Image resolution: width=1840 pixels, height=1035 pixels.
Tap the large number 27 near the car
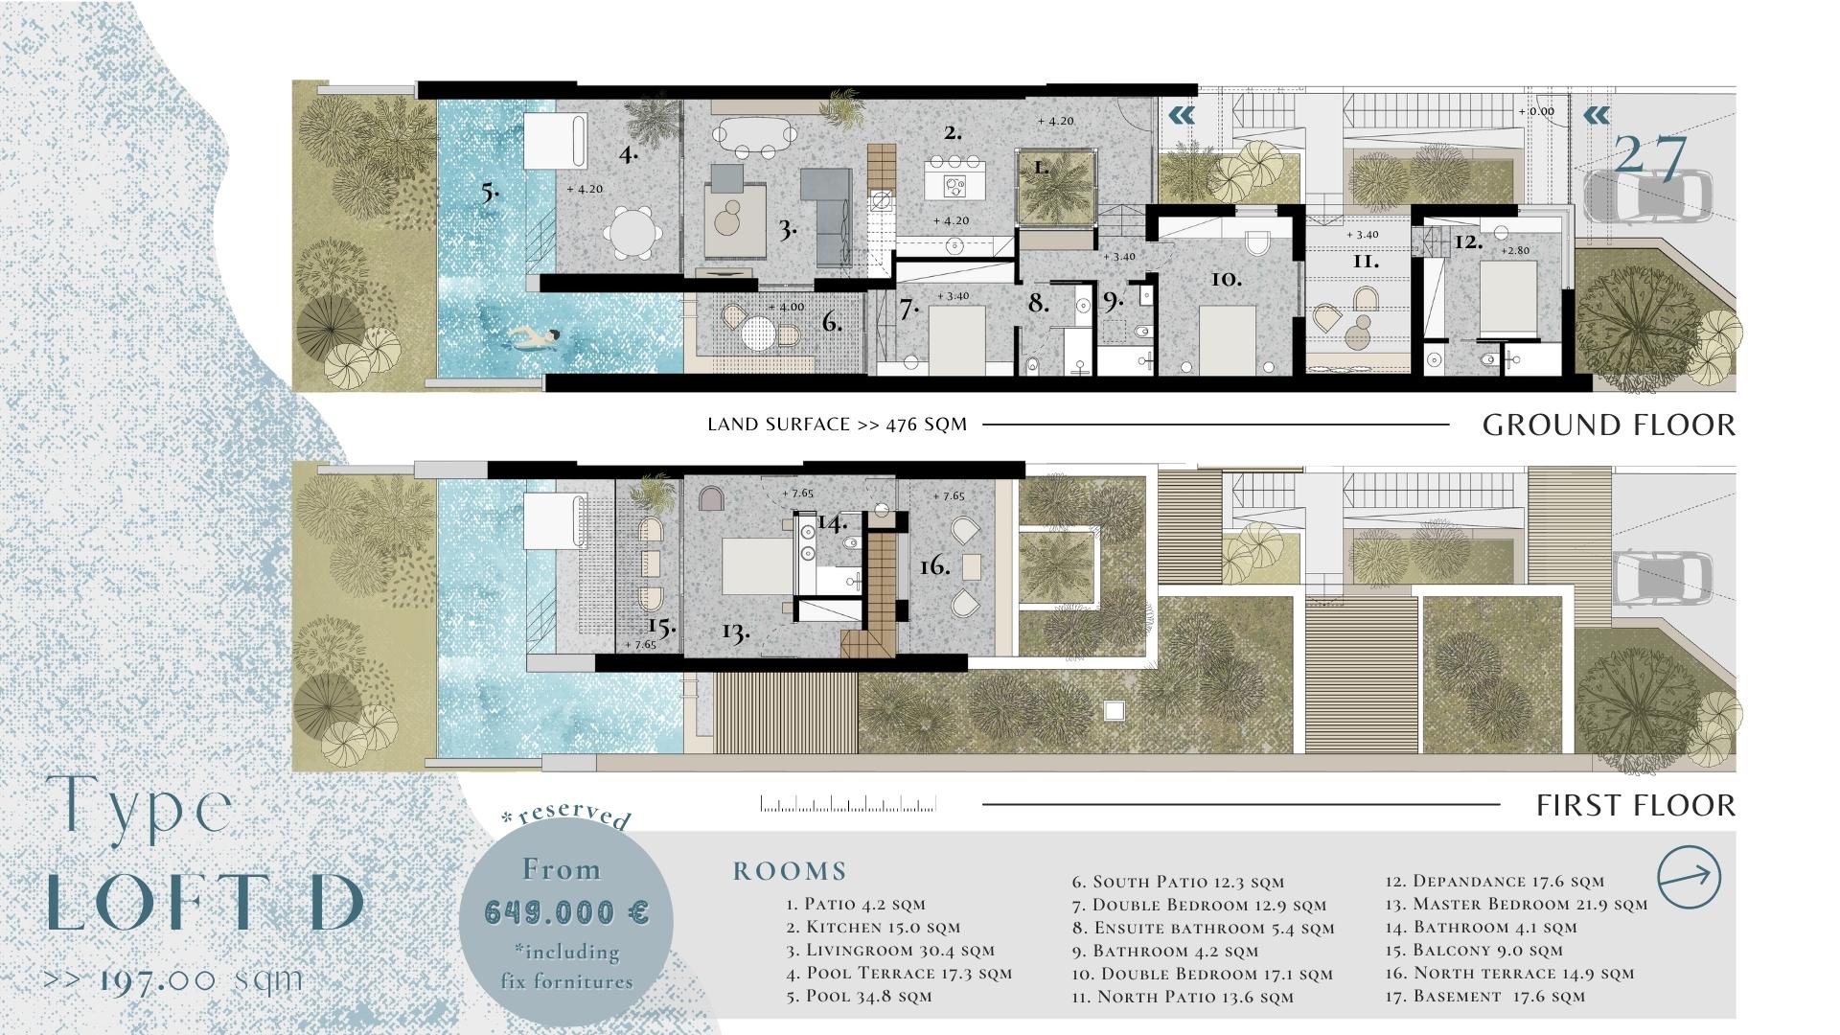tap(1650, 156)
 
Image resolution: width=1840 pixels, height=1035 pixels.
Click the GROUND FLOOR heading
tap(1609, 425)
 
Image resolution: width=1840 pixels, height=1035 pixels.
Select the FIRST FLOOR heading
tap(1636, 805)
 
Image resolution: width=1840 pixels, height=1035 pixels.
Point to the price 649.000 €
tap(567, 911)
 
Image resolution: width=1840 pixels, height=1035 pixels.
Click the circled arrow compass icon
tap(1690, 876)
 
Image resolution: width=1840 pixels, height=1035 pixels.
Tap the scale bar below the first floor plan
tap(848, 804)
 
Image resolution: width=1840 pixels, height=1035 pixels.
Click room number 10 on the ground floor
tap(1226, 279)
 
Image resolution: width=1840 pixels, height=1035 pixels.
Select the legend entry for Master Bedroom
tap(1516, 904)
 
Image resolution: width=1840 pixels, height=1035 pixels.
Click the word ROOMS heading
tap(791, 871)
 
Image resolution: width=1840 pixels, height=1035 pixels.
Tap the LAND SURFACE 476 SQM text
tap(838, 425)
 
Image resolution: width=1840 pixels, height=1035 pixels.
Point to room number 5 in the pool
tap(490, 192)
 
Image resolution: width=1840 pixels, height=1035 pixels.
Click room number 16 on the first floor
tap(935, 566)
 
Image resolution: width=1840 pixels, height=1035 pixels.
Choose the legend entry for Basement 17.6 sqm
tap(1485, 996)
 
